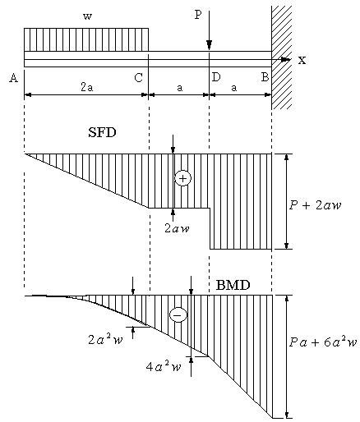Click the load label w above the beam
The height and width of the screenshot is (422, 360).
coord(87,16)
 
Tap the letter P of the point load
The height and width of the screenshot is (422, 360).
coord(198,15)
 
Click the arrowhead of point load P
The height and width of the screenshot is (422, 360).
coord(210,45)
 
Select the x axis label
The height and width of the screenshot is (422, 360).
coord(302,60)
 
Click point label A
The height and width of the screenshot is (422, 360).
coord(14,78)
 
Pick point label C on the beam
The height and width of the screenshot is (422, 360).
coord(139,78)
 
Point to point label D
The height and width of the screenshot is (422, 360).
coord(216,77)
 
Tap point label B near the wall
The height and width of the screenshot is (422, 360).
coord(265,77)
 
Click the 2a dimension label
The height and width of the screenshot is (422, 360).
coord(87,87)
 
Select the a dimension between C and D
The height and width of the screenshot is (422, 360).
coord(179,88)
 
